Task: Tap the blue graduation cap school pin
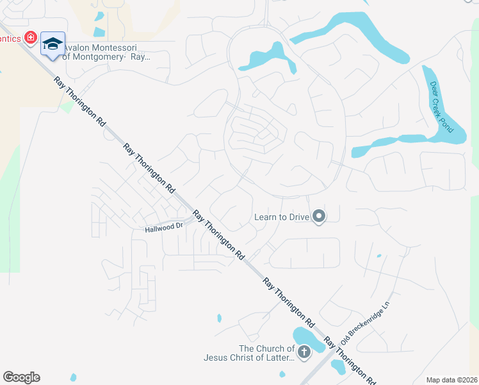[x=53, y=44]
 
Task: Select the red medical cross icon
[x=29, y=38]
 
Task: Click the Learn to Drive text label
[x=282, y=217]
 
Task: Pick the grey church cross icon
[x=304, y=352]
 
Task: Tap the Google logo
[x=21, y=377]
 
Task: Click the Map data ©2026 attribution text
[x=451, y=380]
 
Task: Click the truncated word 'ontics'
[x=9, y=38]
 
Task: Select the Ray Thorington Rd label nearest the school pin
[x=79, y=101]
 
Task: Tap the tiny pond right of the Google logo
[x=73, y=377]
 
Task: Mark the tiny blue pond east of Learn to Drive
[x=378, y=256]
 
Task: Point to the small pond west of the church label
[x=219, y=318]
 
